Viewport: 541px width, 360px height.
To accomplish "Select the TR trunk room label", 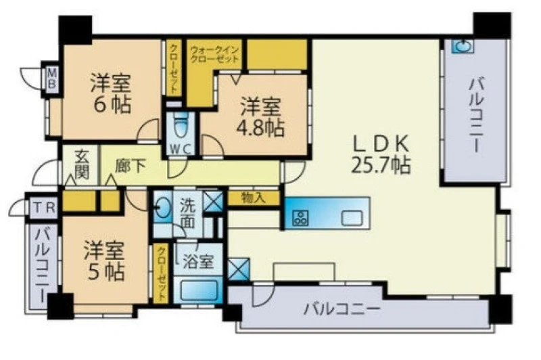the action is click(x=44, y=208).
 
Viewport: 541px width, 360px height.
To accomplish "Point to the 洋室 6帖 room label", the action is click(x=111, y=93).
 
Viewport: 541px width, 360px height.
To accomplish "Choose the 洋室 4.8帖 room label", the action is click(x=260, y=117).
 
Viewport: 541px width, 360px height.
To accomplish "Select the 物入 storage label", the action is click(x=254, y=198).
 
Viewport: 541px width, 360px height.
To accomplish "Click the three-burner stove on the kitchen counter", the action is click(x=300, y=218).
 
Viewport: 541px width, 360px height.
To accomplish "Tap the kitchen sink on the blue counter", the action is click(x=352, y=218).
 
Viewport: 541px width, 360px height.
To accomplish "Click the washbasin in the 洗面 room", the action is click(x=163, y=208).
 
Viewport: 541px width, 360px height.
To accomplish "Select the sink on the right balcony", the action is click(x=463, y=46).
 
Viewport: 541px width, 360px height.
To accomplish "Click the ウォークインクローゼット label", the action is click(x=214, y=54).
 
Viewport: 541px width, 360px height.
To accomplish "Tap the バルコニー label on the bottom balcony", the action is click(x=342, y=309).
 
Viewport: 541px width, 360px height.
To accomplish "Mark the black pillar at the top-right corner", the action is click(x=492, y=25).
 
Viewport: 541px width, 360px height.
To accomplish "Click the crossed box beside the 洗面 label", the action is click(x=213, y=202).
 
